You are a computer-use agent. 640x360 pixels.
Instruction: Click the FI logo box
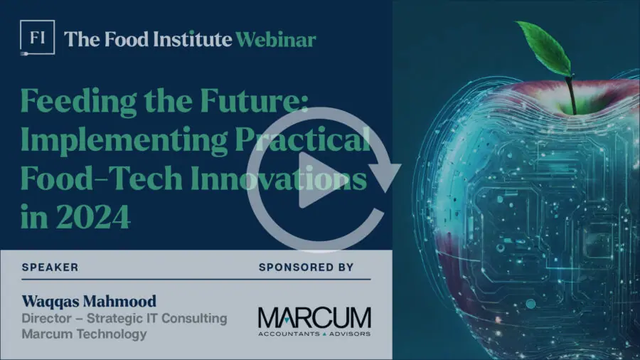[37, 38]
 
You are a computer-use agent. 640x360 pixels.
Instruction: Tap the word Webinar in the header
[276, 40]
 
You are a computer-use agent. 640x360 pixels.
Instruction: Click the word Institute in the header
[193, 40]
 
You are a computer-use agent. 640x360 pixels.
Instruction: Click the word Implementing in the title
[124, 141]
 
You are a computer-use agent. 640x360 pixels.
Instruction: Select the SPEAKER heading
[50, 268]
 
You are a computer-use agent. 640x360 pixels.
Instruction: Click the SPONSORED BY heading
[306, 268]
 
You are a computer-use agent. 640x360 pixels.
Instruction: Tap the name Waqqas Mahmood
[89, 301]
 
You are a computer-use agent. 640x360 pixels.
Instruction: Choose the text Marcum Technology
[84, 334]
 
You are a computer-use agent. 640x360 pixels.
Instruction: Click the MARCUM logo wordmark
[315, 318]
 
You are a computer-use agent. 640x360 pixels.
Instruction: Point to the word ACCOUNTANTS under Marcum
[289, 334]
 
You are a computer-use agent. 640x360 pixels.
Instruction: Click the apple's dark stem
[571, 95]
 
